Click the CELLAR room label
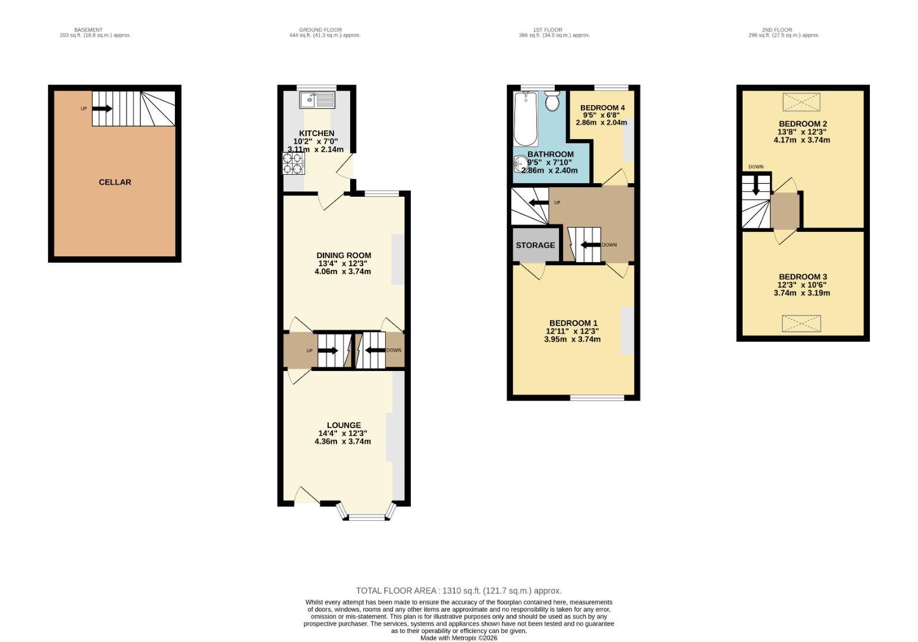115,182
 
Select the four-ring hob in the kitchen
293,163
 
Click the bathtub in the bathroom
526,119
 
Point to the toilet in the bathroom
552,101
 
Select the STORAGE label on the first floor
535,245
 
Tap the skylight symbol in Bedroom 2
801,102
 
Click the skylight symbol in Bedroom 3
801,324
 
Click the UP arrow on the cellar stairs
102,109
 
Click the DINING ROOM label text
344,256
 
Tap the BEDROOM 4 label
602,108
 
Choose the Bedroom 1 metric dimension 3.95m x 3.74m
572,339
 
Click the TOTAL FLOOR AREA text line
458,591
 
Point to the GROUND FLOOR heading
320,30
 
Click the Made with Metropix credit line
458,638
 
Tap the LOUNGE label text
344,425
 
